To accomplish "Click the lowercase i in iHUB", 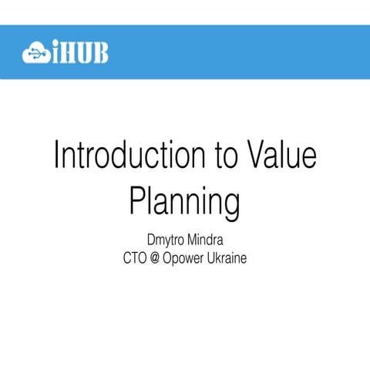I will (x=55, y=52).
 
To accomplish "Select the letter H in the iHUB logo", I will (x=69, y=52).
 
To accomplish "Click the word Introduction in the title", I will (x=126, y=156).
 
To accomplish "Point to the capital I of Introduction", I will (x=58, y=156).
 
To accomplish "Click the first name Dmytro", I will (x=164, y=240).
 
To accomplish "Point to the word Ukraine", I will (x=228, y=258).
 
